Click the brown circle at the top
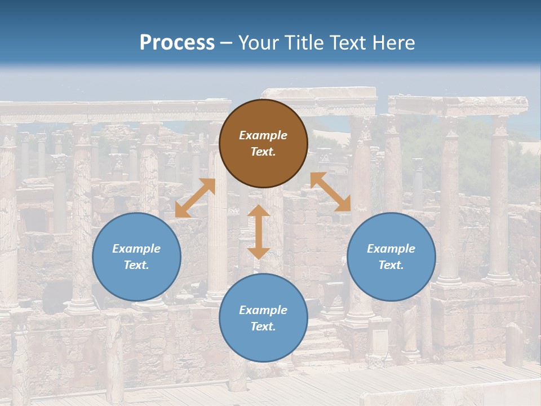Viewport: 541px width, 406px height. click(263, 144)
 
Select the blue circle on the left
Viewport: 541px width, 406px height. click(136, 257)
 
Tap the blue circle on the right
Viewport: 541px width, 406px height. click(391, 257)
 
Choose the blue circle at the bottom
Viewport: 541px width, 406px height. click(263, 318)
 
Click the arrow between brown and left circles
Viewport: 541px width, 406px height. click(195, 198)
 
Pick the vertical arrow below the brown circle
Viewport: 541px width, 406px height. click(259, 232)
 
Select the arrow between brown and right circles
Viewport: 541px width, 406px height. click(330, 192)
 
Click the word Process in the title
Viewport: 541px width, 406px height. click(177, 42)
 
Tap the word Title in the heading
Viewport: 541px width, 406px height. click(305, 42)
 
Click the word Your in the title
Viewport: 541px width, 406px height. click(259, 42)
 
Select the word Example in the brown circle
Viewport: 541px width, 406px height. click(263, 135)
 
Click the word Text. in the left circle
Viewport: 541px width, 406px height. click(136, 265)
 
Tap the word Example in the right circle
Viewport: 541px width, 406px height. click(391, 249)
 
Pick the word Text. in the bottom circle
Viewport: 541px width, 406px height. click(263, 326)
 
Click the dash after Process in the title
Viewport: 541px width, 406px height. click(227, 43)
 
